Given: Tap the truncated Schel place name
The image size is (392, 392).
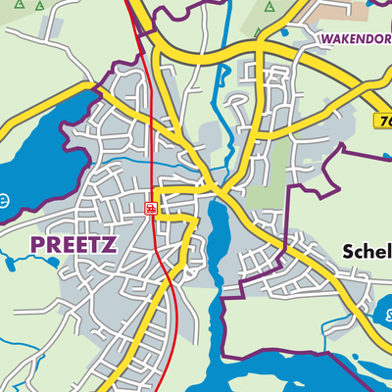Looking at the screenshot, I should point(367,251).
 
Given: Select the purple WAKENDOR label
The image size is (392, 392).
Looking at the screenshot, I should point(354,40).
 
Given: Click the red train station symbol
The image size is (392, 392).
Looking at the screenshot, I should point(151,208).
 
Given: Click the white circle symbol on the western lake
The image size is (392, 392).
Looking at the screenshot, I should point(4,201).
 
